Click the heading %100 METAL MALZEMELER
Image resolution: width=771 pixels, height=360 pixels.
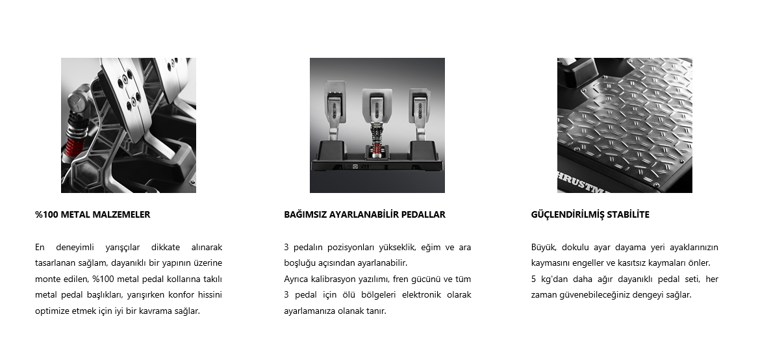(x=92, y=214)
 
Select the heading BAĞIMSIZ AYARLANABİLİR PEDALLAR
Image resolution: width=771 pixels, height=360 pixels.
(x=364, y=214)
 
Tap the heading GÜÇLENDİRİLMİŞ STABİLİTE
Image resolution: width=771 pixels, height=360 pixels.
(x=590, y=214)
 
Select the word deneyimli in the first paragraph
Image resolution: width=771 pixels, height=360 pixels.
(x=73, y=248)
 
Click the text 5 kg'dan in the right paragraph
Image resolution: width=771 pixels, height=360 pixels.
(x=550, y=279)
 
